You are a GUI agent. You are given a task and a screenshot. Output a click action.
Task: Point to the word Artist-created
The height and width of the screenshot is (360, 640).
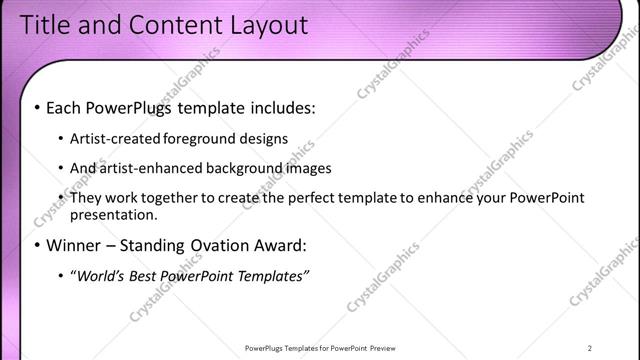coord(113,138)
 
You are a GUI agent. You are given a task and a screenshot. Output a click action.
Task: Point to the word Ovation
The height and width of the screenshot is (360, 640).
coord(226,244)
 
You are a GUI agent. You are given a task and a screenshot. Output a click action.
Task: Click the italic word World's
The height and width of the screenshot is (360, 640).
coord(100,275)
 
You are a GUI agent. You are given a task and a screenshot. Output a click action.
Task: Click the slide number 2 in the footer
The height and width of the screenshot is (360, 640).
coord(590,348)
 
